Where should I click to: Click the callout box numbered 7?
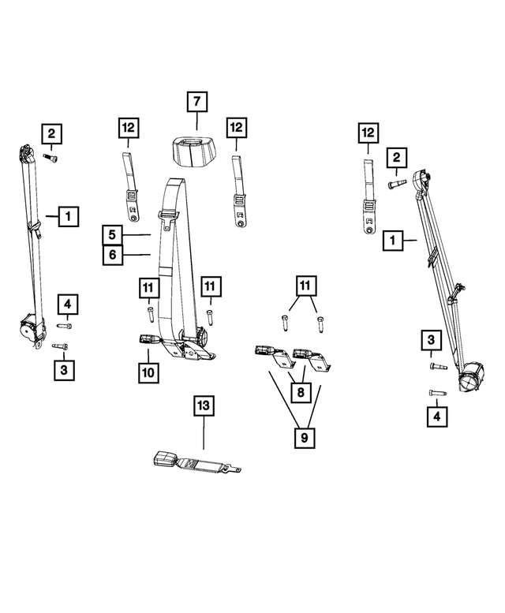point(196,101)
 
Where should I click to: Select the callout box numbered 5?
point(113,234)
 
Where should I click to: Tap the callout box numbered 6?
point(113,255)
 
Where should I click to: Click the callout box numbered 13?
point(204,406)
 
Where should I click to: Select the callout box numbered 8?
point(299,390)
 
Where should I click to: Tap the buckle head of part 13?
point(166,461)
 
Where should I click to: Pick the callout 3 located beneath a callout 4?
point(66,368)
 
